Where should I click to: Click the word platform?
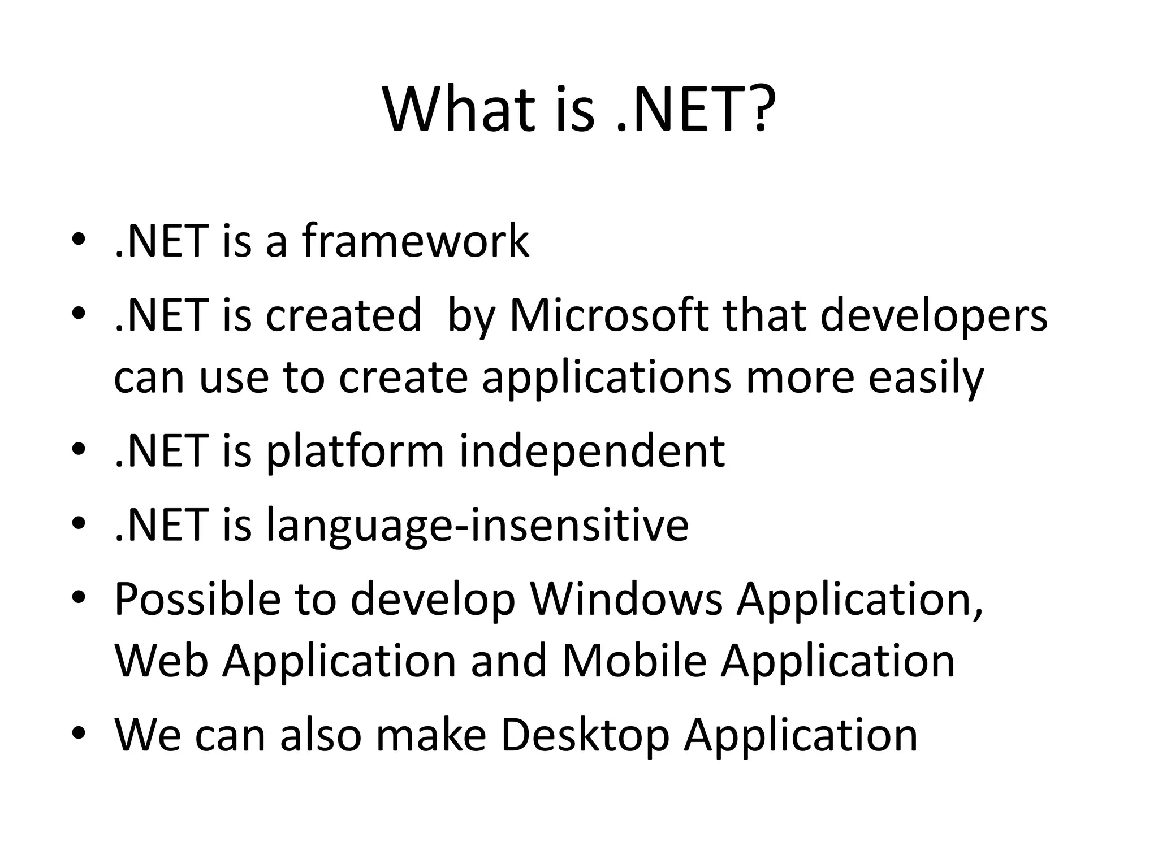[355, 452]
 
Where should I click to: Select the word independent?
[591, 452]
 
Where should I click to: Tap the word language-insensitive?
[477, 526]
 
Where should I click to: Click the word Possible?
[197, 599]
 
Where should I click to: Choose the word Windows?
[626, 599]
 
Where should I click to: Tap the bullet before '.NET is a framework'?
[78, 240]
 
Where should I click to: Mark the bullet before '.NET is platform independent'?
[78, 450]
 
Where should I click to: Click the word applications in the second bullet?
[606, 379]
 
